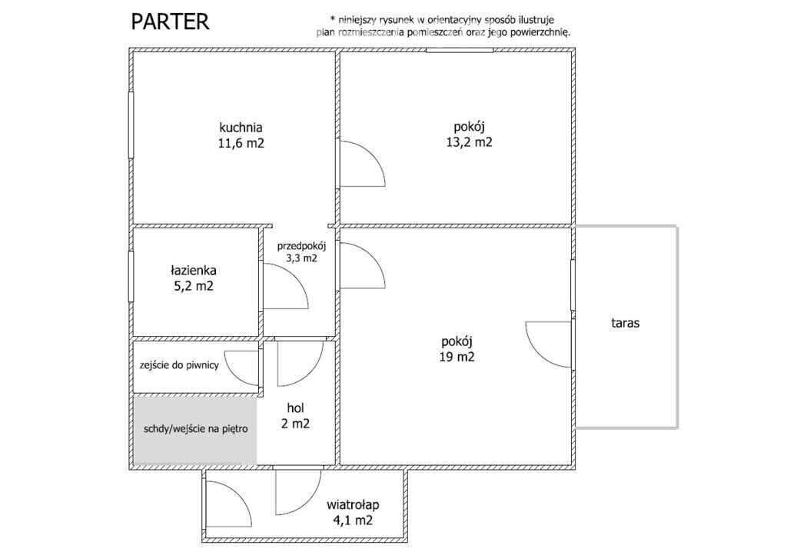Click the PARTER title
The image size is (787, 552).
pyautogui.click(x=170, y=22)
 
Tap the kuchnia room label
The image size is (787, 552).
pyautogui.click(x=241, y=127)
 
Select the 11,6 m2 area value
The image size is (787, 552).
pyautogui.click(x=241, y=143)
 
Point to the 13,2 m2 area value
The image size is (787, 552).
pyautogui.click(x=470, y=142)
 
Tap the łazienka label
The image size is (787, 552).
pyautogui.click(x=193, y=270)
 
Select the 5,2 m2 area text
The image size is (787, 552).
pyautogui.click(x=193, y=286)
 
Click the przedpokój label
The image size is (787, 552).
pyautogui.click(x=301, y=247)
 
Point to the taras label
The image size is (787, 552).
pyautogui.click(x=626, y=323)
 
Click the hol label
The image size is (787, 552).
pyautogui.click(x=296, y=407)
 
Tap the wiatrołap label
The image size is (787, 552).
pyautogui.click(x=353, y=505)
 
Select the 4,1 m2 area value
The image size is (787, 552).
pyautogui.click(x=353, y=520)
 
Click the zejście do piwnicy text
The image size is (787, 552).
pyautogui.click(x=179, y=365)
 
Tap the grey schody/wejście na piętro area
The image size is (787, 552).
pyautogui.click(x=195, y=430)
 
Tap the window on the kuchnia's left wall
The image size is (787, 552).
pyautogui.click(x=131, y=125)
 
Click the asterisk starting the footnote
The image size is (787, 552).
pyautogui.click(x=332, y=19)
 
